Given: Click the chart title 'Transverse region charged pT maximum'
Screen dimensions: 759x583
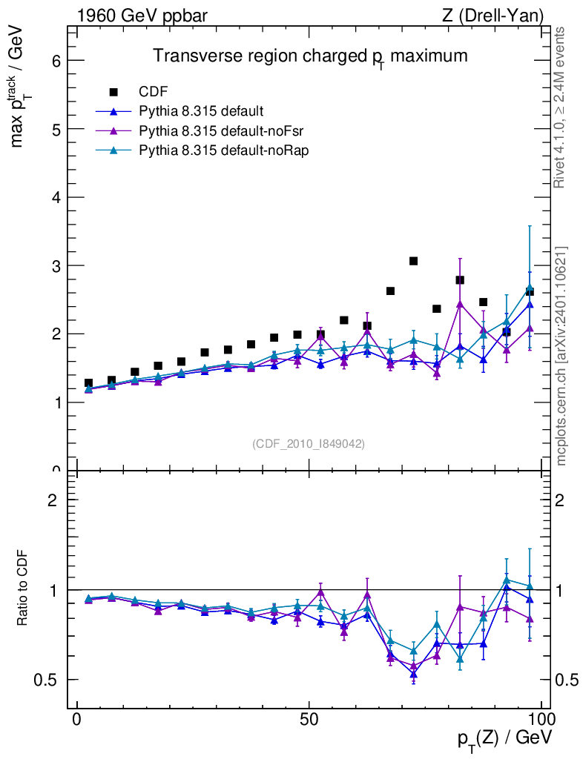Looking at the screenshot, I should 310,57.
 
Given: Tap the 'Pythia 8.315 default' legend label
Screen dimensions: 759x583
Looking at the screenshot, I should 201,112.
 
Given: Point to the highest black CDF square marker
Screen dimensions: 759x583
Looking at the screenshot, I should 413,261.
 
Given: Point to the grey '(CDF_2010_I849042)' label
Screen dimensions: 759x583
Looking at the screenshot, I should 309,443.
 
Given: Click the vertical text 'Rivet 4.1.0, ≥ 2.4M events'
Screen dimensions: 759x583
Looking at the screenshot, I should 561,107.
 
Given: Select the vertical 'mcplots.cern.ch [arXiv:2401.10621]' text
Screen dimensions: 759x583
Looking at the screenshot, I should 561,356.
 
